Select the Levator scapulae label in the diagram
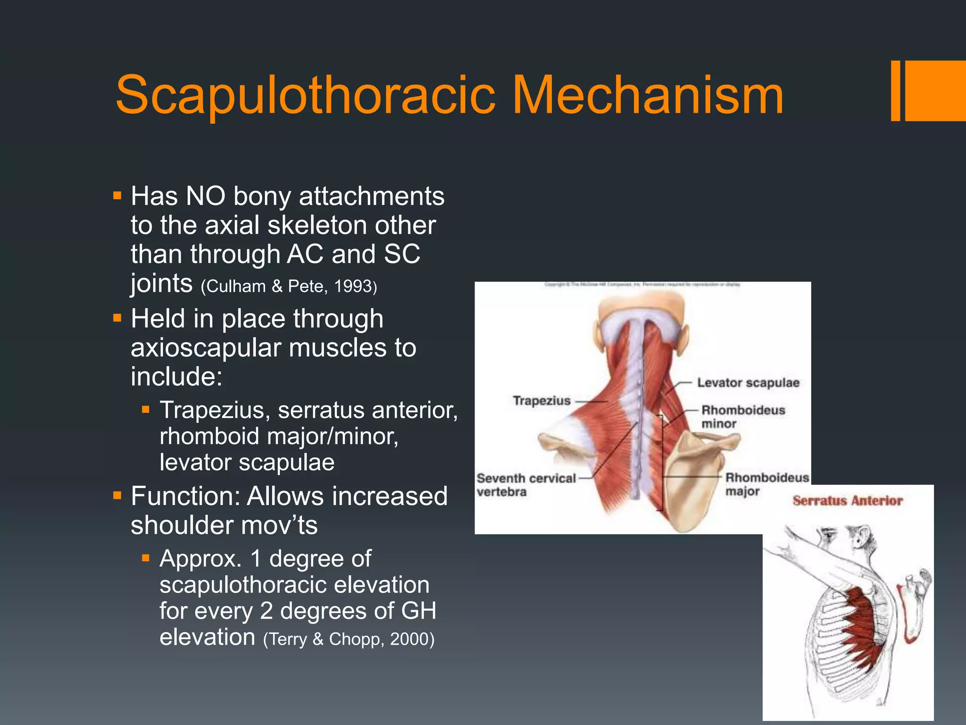pyautogui.click(x=748, y=382)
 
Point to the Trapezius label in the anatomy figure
pyautogui.click(x=541, y=401)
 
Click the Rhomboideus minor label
pyautogui.click(x=743, y=416)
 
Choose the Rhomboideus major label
pyautogui.click(x=766, y=484)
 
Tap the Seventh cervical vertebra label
pyautogui.click(x=525, y=485)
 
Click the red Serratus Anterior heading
pyautogui.click(x=848, y=500)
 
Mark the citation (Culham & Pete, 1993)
pyautogui.click(x=289, y=287)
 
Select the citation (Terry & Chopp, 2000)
pyautogui.click(x=349, y=639)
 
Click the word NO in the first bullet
pyautogui.click(x=206, y=196)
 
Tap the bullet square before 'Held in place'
pyautogui.click(x=117, y=318)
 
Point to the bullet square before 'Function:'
pyautogui.click(x=117, y=496)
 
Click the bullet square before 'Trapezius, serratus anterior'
pyautogui.click(x=146, y=409)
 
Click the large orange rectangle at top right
pyautogui.click(x=935, y=91)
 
